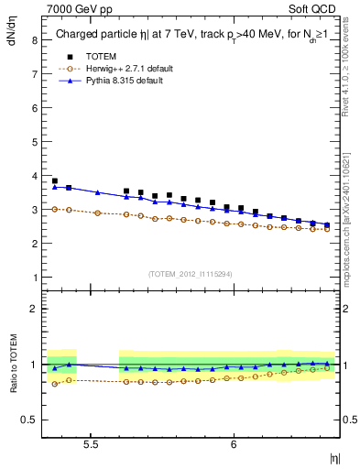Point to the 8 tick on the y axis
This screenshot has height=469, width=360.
coord(36,41)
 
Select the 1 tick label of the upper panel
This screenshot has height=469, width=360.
coord(36,278)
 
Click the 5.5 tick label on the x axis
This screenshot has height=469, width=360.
coord(92,443)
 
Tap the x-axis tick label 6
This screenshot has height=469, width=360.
coord(234,443)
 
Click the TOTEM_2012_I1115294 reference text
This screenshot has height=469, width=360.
coord(191,273)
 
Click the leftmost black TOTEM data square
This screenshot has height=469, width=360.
coord(55,181)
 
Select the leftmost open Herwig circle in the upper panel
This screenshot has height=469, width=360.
coord(55,209)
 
